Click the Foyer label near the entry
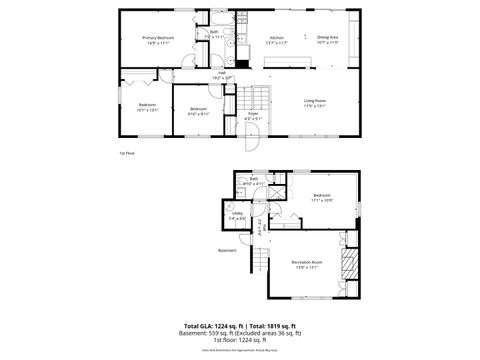tap(253, 116)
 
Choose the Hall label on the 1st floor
tap(222, 74)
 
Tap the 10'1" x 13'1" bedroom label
tap(147, 108)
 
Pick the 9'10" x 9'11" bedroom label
tap(198, 111)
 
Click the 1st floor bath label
tap(213, 34)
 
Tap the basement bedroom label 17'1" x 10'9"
tap(321, 197)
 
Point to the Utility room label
tap(238, 216)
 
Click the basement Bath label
tap(254, 182)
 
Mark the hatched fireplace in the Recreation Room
tap(349, 263)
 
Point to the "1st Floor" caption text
tap(126, 153)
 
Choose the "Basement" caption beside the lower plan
tap(228, 252)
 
